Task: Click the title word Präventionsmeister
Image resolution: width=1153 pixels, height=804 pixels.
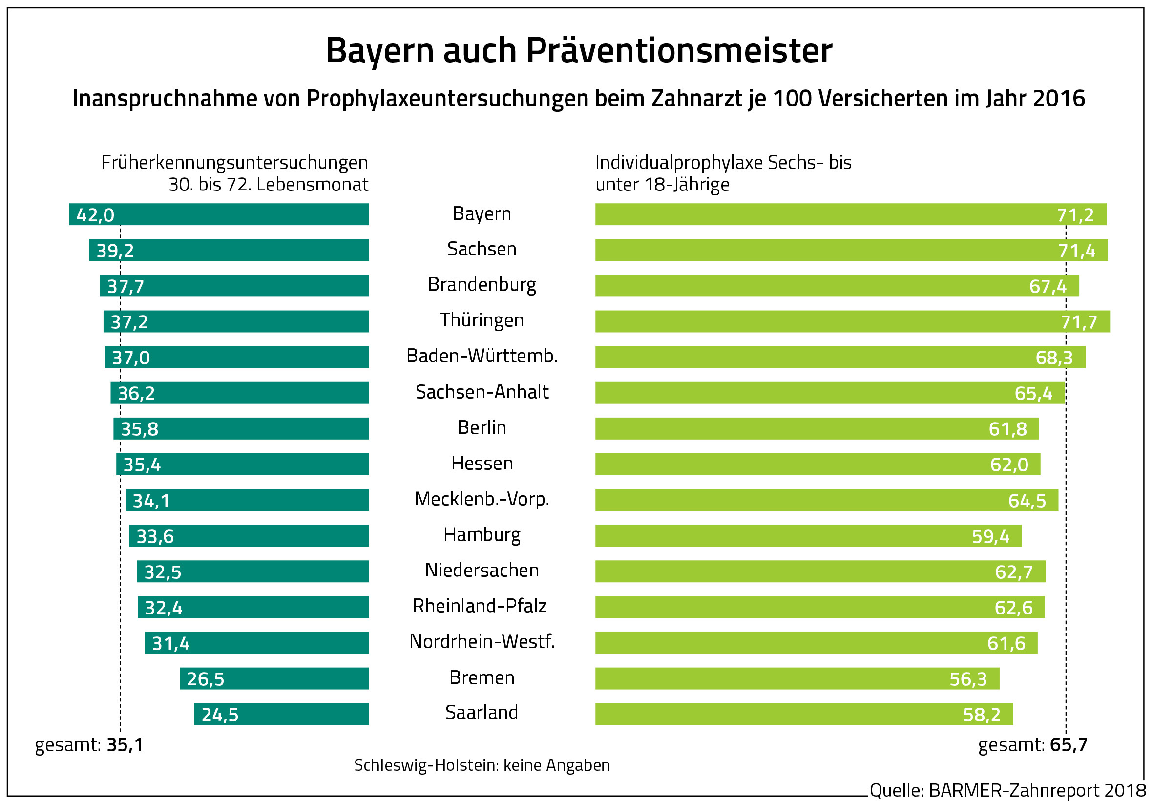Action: (x=679, y=51)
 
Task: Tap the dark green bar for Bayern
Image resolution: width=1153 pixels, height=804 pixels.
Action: (x=241, y=214)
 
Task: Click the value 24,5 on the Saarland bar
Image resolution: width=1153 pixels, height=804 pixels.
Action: (x=220, y=715)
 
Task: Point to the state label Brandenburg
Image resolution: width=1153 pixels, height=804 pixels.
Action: (x=482, y=285)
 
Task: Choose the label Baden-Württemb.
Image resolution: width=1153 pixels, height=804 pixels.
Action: (x=482, y=356)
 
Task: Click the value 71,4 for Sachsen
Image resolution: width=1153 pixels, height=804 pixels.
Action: (x=1076, y=251)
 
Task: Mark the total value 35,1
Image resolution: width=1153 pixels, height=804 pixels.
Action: (x=125, y=745)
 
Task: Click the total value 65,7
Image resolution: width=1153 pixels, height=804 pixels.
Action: (x=1068, y=745)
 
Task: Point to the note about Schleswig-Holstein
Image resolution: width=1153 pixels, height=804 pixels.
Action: (x=482, y=765)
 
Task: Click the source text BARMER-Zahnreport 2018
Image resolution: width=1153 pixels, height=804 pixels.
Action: (x=1037, y=790)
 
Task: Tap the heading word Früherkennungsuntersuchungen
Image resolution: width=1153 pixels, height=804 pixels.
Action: (x=234, y=163)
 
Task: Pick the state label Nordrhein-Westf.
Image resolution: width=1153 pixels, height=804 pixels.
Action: (x=482, y=642)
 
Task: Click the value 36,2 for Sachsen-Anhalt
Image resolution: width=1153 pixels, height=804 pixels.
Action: (x=136, y=393)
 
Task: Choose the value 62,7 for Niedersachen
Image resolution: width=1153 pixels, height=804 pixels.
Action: (x=1013, y=572)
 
